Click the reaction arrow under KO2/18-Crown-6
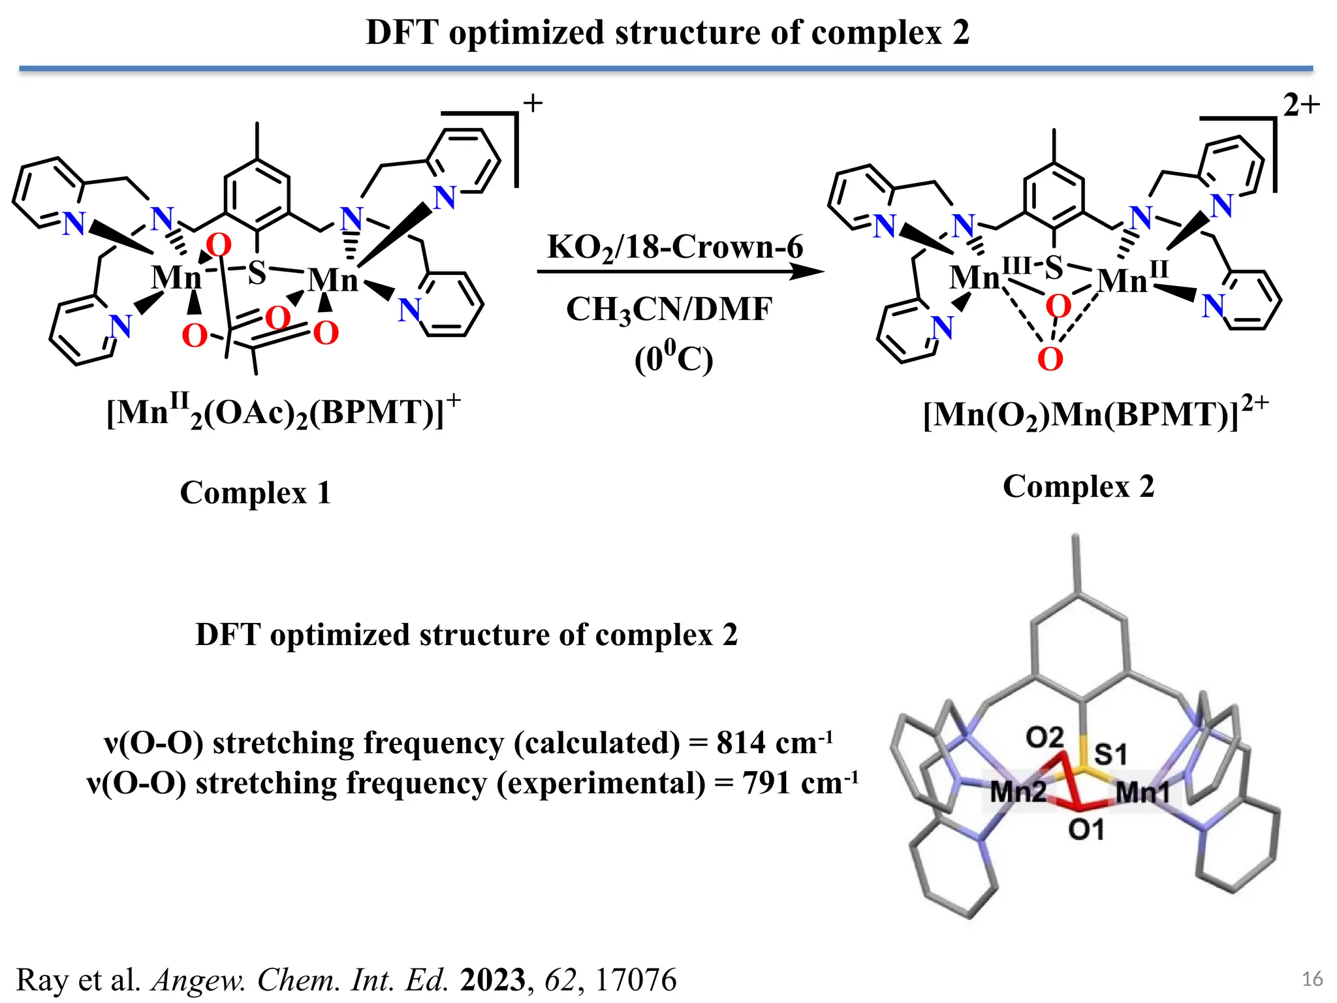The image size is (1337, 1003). tap(679, 271)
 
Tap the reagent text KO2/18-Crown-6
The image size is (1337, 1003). tap(675, 247)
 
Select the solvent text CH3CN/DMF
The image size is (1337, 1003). tap(668, 309)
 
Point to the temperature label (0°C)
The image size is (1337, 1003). tap(674, 358)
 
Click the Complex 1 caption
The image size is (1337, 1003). tap(255, 492)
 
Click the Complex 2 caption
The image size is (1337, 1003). tap(1078, 486)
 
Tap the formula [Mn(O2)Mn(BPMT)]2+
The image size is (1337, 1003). tap(1095, 414)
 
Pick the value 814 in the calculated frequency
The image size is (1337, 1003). tap(740, 743)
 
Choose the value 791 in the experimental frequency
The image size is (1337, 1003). tap(766, 782)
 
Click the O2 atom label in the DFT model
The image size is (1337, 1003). tap(1045, 738)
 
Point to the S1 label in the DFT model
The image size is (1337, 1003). tap(1110, 755)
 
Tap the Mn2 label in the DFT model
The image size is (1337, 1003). tap(1018, 792)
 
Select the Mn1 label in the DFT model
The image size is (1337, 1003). tap(1143, 792)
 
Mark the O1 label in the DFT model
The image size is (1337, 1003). tap(1086, 830)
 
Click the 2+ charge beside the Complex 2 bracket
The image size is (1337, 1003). tap(1301, 105)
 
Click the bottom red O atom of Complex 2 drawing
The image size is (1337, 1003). tap(1050, 359)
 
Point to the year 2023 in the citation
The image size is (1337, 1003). tap(492, 980)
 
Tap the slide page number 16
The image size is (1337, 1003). tap(1312, 979)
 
